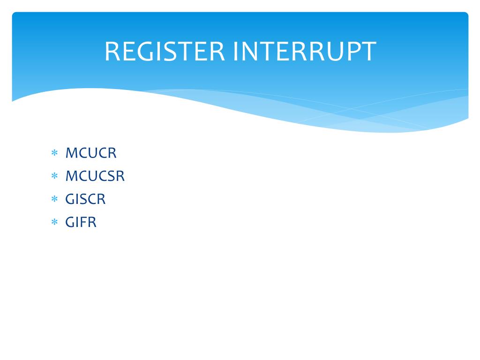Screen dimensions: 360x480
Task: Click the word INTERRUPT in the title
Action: (304, 52)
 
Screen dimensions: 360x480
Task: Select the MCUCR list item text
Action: (91, 153)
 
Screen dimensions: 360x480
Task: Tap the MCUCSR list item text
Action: (95, 176)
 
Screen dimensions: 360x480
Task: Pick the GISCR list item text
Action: (85, 199)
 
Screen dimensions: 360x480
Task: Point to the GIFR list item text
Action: (81, 222)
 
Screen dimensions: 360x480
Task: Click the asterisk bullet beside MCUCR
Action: (54, 153)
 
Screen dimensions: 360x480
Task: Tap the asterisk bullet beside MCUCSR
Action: (54, 176)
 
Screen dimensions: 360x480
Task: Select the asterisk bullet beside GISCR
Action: (54, 199)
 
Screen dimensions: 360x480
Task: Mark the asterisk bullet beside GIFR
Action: (54, 222)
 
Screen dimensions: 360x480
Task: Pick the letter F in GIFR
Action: (83, 222)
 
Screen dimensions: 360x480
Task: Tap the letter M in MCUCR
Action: (71, 153)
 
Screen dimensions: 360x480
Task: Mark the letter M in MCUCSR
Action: (71, 176)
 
